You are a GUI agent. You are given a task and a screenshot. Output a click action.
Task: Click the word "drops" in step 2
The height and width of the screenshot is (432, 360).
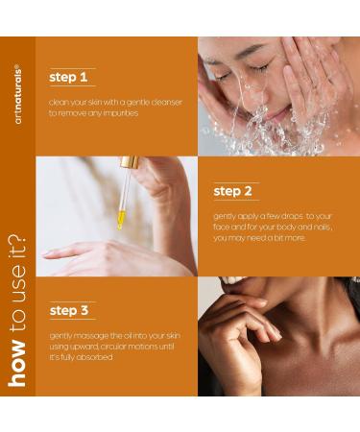(x=288, y=216)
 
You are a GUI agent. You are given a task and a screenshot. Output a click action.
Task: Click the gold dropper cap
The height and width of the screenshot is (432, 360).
(x=131, y=164)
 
